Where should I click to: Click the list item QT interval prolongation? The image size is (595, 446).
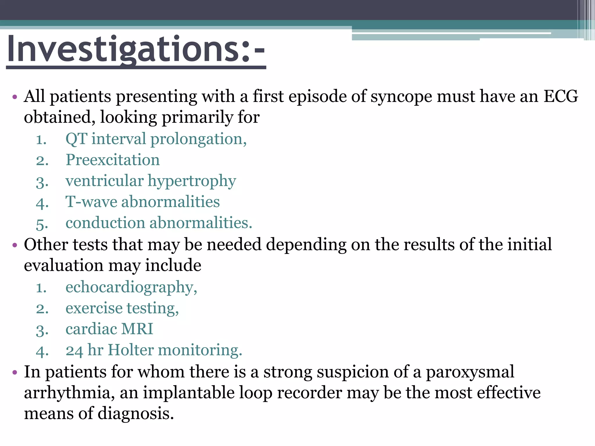click(156, 139)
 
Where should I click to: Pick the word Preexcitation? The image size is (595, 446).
click(113, 160)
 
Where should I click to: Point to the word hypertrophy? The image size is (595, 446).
click(192, 181)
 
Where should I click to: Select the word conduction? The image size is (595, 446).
click(105, 223)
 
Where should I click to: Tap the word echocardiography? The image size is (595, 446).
click(131, 287)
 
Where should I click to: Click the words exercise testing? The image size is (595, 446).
click(122, 308)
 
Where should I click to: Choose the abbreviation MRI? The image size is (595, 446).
click(137, 329)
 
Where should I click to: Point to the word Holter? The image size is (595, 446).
click(130, 350)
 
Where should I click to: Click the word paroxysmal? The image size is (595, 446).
click(470, 372)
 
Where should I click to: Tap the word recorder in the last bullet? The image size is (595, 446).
click(309, 393)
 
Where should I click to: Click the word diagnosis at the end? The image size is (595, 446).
click(135, 413)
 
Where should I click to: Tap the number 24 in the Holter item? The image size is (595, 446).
click(74, 350)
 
